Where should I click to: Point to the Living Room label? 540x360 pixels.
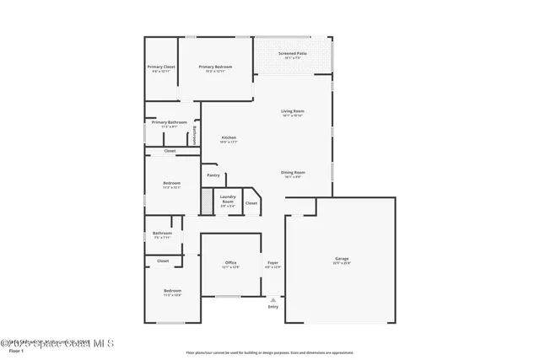pyautogui.click(x=293, y=113)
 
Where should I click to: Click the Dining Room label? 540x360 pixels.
pyautogui.click(x=294, y=175)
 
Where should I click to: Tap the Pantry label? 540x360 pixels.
pyautogui.click(x=213, y=175)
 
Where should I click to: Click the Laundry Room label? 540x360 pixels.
pyautogui.click(x=228, y=201)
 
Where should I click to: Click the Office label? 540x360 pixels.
pyautogui.click(x=230, y=265)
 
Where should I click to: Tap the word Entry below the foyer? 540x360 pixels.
pyautogui.click(x=273, y=306)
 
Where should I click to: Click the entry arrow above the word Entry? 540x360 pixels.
pyautogui.click(x=273, y=298)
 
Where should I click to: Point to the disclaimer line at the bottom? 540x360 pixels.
pyautogui.click(x=270, y=352)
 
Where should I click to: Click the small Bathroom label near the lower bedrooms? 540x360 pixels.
pyautogui.click(x=162, y=234)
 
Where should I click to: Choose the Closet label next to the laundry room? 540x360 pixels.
pyautogui.click(x=251, y=203)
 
